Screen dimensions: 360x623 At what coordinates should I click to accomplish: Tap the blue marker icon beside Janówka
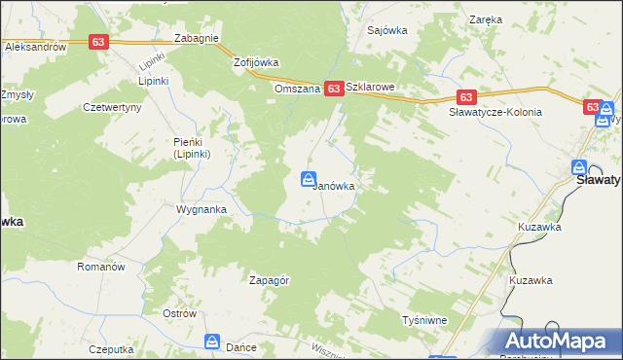pos(308,180)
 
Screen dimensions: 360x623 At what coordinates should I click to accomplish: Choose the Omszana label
pos(297,88)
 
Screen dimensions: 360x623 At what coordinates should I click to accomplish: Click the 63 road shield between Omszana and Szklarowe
pos(334,89)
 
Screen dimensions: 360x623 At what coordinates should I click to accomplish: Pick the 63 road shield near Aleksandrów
pos(98,42)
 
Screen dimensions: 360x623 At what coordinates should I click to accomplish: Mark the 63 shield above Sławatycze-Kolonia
pos(466,97)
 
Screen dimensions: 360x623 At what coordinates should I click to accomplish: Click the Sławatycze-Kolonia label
pos(495,113)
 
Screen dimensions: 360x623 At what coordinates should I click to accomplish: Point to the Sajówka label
pos(386,30)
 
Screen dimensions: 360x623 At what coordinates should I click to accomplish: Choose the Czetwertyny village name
pos(113,107)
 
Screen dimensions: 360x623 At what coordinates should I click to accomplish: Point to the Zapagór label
pos(270,280)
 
